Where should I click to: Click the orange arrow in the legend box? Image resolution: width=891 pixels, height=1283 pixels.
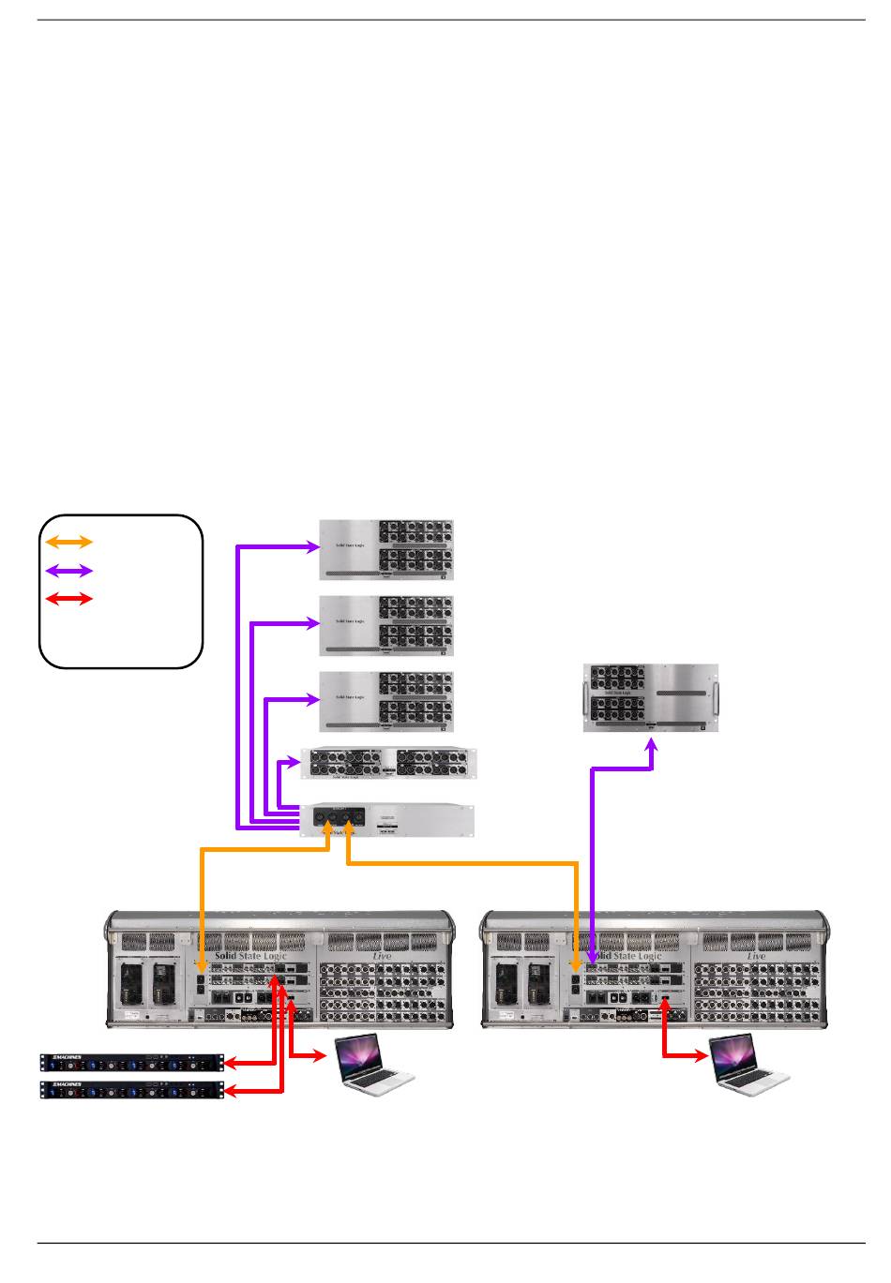pyautogui.click(x=69, y=542)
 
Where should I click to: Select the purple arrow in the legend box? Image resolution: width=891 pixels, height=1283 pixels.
pyautogui.click(x=69, y=570)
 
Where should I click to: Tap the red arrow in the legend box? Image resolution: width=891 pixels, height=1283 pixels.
pyautogui.click(x=69, y=598)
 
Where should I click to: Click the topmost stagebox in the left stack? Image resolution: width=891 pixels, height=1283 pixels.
pyautogui.click(x=386, y=549)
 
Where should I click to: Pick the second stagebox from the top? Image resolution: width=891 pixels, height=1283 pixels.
pyautogui.click(x=386, y=625)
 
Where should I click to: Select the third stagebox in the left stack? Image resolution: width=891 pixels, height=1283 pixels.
pyautogui.click(x=386, y=701)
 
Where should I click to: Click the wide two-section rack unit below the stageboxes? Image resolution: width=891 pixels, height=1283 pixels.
pyautogui.click(x=388, y=763)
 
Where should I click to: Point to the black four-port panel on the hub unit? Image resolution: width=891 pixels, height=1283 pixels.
pyautogui.click(x=339, y=818)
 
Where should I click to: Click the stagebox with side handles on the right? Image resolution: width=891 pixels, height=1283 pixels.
pyautogui.click(x=651, y=698)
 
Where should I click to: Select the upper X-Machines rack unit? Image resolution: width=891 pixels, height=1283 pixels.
pyautogui.click(x=132, y=1063)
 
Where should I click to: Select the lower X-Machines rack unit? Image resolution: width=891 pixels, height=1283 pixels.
pyautogui.click(x=132, y=1090)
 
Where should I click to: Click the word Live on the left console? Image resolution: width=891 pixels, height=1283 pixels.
pyautogui.click(x=382, y=956)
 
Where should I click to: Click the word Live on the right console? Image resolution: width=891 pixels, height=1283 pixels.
pyautogui.click(x=757, y=956)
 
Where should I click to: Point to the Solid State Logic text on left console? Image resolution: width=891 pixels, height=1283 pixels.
pyautogui.click(x=250, y=956)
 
